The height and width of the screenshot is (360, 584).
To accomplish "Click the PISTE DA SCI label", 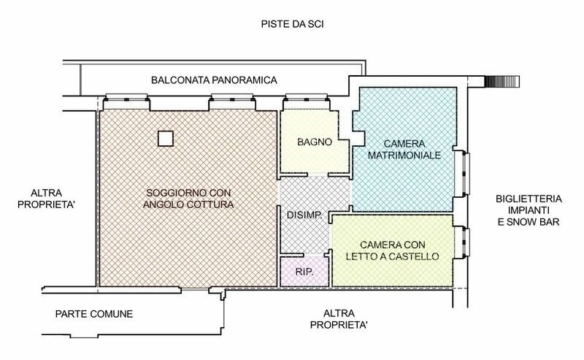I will pyautogui.click(x=292, y=24).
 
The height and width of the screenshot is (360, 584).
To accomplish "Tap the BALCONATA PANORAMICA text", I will pyautogui.click(x=215, y=80).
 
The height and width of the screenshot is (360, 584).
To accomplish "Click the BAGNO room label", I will pyautogui.click(x=315, y=142).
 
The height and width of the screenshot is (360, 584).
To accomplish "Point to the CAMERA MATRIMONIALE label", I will pyautogui.click(x=402, y=150).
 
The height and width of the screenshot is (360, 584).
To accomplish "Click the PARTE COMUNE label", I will pyautogui.click(x=94, y=315).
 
